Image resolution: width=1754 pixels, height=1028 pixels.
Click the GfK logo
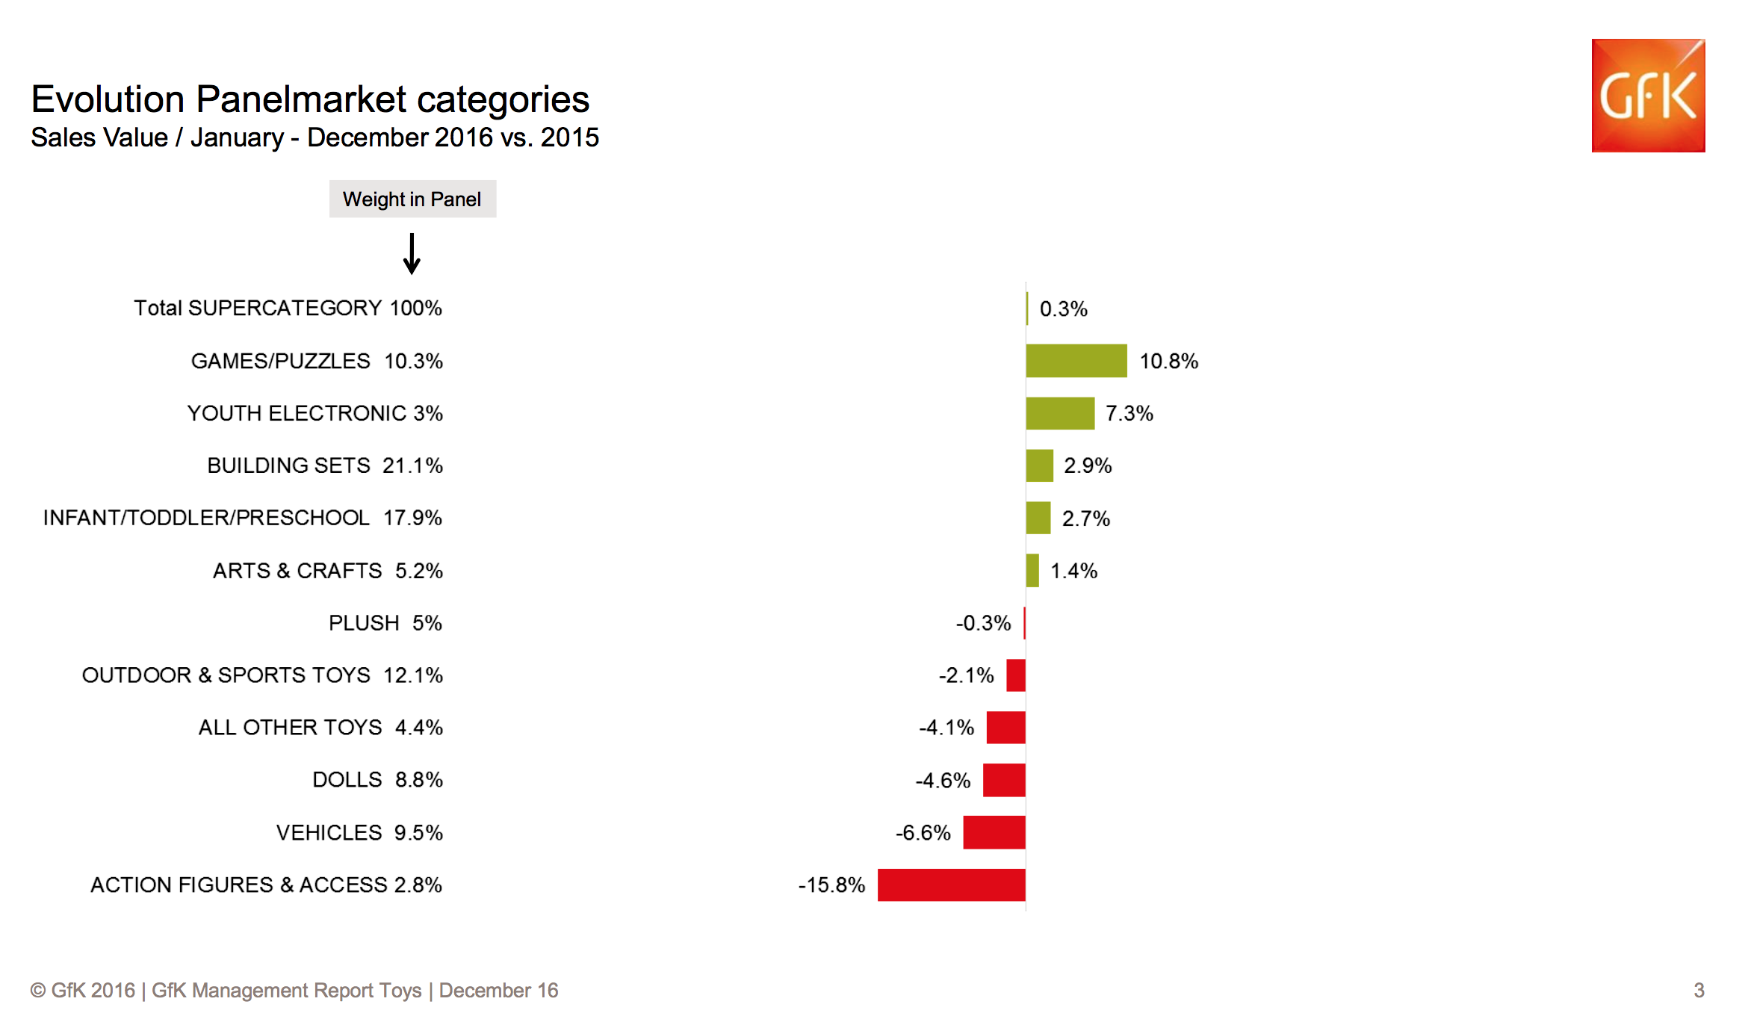[1648, 96]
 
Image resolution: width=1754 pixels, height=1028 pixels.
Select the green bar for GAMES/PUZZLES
[1076, 361]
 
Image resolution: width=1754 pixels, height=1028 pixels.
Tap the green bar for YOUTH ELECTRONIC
[1060, 413]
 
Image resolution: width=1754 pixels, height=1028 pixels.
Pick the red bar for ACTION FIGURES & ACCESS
[951, 885]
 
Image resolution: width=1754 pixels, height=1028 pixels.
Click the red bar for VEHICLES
[994, 832]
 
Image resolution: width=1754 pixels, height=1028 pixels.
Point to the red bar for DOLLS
[1004, 780]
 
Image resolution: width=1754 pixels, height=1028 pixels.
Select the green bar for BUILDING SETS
[1039, 465]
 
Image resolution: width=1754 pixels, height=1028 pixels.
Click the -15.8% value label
[831, 885]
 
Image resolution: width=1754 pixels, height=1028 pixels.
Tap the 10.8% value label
[1168, 362]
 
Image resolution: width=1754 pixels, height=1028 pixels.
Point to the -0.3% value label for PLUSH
[983, 623]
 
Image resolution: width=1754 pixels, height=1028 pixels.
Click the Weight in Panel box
[412, 199]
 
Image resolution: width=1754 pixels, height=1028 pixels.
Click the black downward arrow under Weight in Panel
[412, 254]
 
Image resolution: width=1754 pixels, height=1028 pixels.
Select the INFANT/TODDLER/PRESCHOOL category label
[206, 518]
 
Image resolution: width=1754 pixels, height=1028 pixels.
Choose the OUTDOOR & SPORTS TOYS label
[226, 675]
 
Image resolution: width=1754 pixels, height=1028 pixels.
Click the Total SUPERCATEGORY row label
[258, 308]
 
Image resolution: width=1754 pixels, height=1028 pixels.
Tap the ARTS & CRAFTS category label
[297, 571]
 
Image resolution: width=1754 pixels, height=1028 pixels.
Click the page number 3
[1699, 990]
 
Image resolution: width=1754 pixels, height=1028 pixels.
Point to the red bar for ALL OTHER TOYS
[1005, 728]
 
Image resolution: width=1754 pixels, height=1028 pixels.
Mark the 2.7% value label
[1085, 518]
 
